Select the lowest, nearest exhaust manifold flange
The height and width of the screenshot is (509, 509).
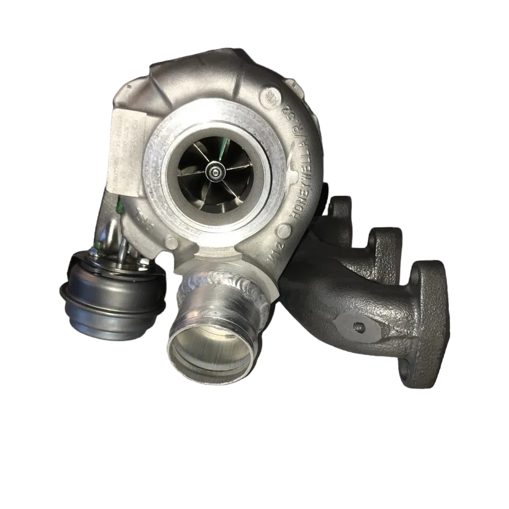[x=424, y=318]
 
